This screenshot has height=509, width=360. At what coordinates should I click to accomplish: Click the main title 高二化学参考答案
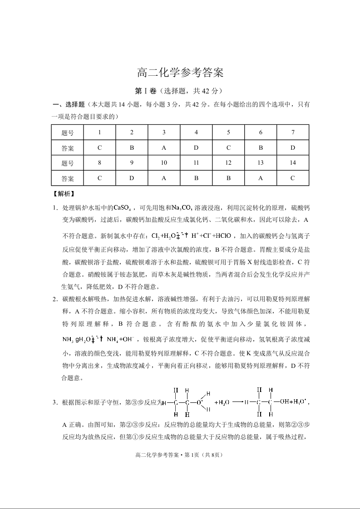tap(180, 73)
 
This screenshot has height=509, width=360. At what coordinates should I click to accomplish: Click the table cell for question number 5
tap(228, 132)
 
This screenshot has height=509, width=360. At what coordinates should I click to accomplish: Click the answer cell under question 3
tap(164, 148)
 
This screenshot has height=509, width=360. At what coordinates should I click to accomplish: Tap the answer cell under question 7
tap(292, 148)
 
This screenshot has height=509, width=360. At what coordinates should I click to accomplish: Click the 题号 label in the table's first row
tap(68, 132)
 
